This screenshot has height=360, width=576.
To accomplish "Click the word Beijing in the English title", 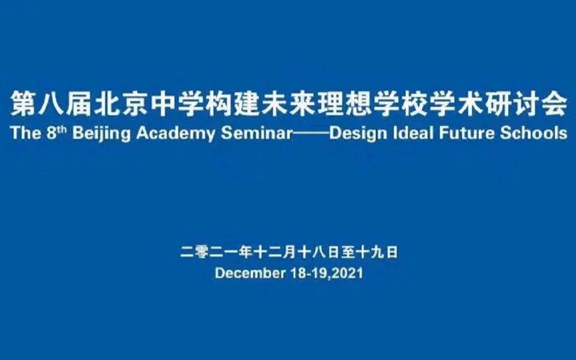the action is pos(101,134).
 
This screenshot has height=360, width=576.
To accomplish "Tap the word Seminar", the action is pos(257,133).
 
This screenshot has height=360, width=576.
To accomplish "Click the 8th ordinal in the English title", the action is pos(56,133).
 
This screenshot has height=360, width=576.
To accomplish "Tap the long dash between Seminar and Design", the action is pos(311,134).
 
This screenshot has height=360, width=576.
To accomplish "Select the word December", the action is pos(250,273).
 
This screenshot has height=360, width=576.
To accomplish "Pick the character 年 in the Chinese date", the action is pos(245,253).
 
